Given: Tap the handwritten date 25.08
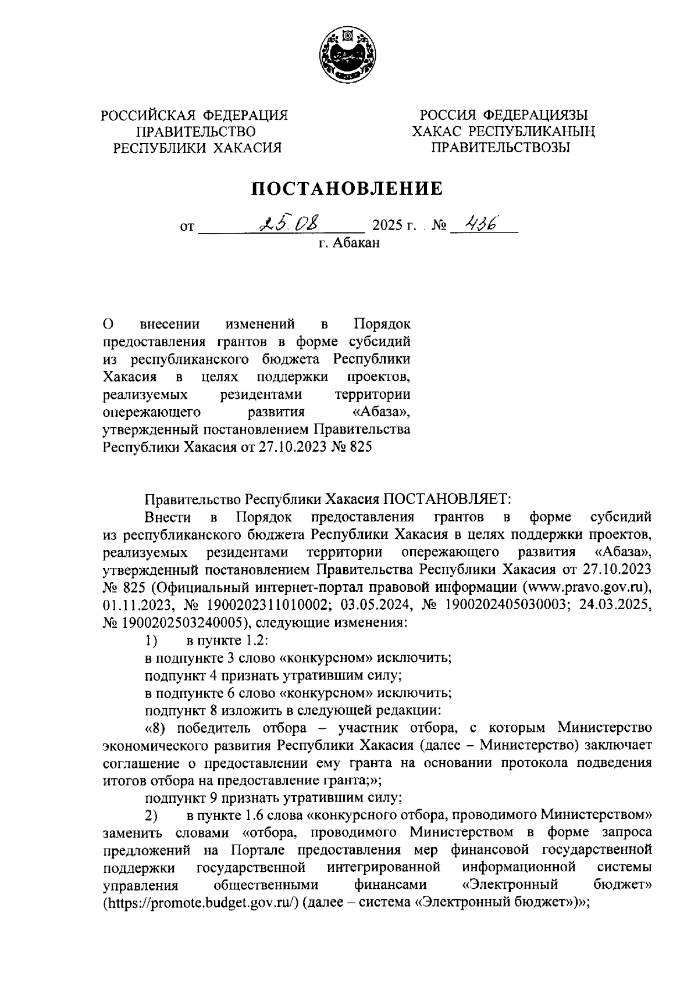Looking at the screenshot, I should click(289, 223).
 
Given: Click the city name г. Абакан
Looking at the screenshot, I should click(348, 243).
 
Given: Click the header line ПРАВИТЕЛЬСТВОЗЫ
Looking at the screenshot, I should click(500, 148).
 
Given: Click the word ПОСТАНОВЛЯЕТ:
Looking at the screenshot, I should click(444, 499).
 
